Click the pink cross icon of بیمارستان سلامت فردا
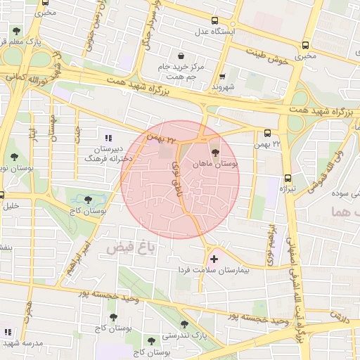point(214,259)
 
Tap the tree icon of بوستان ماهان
point(214,151)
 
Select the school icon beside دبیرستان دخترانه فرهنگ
point(108,139)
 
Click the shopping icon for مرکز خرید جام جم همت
point(182,55)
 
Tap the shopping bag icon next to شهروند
point(222,77)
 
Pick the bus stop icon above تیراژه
point(288,179)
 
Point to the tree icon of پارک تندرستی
point(184,325)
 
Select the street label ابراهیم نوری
point(269,243)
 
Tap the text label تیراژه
point(290,190)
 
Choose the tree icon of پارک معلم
point(15,30)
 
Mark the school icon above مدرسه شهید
point(8,332)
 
